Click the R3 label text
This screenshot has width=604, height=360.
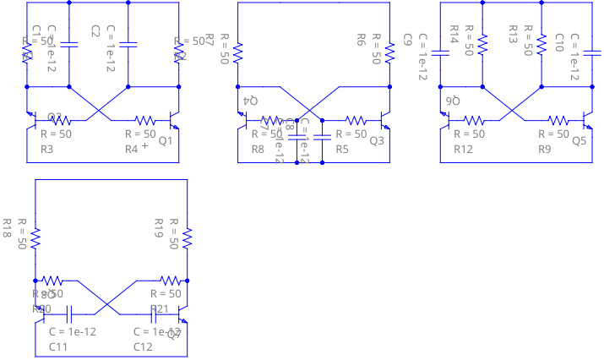tap(47, 150)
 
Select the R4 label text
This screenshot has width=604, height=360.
tap(132, 150)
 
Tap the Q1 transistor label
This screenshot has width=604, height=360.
tap(165, 140)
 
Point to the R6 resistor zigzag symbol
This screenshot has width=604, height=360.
tap(389, 52)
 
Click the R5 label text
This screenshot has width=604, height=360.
tap(343, 150)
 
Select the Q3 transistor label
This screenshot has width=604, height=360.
tap(376, 140)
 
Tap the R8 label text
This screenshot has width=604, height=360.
tap(258, 150)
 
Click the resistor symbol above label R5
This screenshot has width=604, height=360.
tap(356, 120)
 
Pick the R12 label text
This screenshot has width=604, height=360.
tap(464, 150)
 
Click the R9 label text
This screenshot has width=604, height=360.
tap(546, 150)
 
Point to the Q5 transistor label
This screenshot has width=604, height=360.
tap(579, 140)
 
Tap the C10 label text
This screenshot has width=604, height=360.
tap(558, 42)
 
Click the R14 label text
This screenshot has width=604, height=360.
tap(454, 35)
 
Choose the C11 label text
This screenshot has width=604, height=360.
tap(58, 347)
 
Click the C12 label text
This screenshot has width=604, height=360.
tap(143, 347)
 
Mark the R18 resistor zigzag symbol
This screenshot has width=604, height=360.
tap(35, 238)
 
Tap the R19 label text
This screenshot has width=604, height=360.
tap(158, 227)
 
